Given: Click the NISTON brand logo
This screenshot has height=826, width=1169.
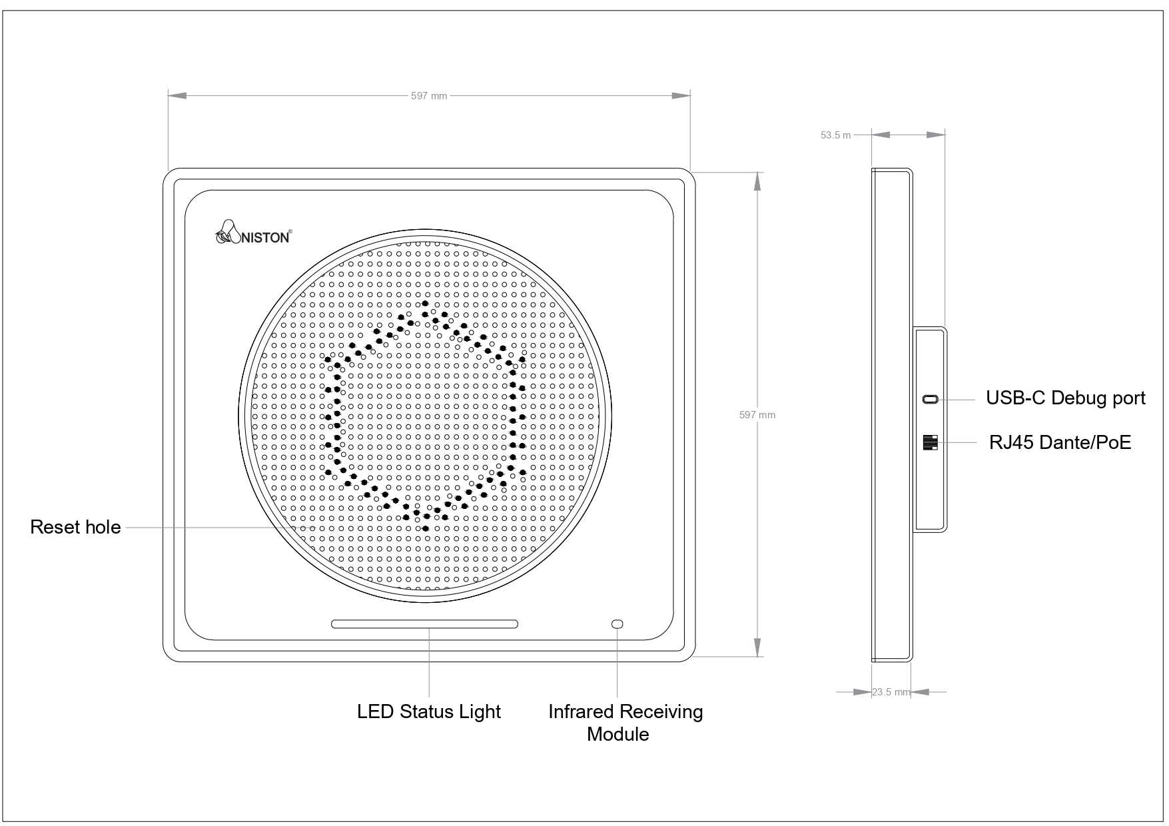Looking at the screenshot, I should (x=253, y=234).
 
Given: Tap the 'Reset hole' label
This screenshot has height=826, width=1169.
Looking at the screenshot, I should (x=75, y=528).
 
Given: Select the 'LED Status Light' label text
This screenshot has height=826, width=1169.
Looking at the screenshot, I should (x=428, y=711).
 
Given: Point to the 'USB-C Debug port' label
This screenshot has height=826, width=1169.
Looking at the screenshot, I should (x=1065, y=398).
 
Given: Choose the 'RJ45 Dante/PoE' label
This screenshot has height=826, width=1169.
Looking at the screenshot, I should (x=1060, y=442).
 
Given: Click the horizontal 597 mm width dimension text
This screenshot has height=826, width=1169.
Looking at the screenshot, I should (x=428, y=96).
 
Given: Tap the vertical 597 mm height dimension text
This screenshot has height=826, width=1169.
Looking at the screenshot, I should (x=757, y=415).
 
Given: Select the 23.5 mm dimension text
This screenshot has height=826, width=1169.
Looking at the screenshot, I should (x=891, y=692).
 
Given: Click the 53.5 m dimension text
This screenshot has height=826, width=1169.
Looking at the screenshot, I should (x=835, y=135).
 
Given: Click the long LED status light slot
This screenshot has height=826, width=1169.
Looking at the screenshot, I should (x=424, y=624).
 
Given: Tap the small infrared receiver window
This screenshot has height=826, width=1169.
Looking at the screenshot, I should (x=617, y=624).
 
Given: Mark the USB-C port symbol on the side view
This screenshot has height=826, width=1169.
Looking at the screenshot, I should (x=930, y=400).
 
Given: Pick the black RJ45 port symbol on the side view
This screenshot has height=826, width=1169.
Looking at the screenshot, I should (x=930, y=442).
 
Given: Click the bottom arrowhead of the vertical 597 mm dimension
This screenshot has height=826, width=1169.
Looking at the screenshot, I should (x=757, y=647).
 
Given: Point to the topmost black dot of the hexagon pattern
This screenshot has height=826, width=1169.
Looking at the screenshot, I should (x=425, y=304).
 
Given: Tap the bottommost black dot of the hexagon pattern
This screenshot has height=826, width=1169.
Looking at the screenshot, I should (x=426, y=528).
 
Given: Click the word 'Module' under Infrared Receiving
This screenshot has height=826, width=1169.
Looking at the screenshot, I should (x=617, y=734).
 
